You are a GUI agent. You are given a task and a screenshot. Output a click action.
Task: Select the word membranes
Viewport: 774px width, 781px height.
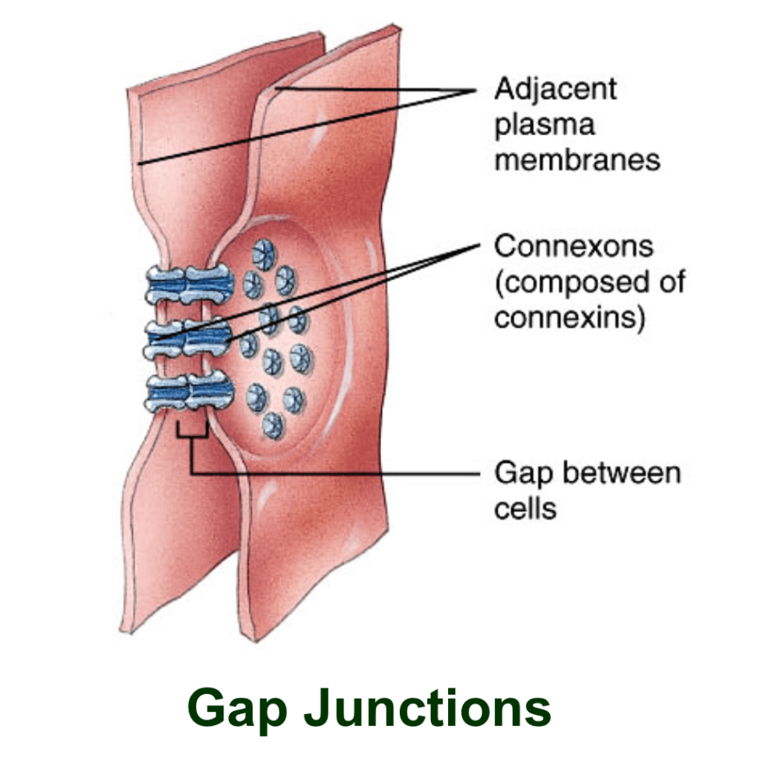[x=576, y=160]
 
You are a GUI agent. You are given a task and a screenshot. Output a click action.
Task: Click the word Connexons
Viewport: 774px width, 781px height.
[x=573, y=246]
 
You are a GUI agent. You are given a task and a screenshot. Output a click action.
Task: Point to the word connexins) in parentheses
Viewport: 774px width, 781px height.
[x=569, y=317]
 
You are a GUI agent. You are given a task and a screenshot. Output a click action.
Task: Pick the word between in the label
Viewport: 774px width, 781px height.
[x=622, y=472]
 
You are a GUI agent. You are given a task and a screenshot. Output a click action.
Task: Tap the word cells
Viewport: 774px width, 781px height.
[x=525, y=508]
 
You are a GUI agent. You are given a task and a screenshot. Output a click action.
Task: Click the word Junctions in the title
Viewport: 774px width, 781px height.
[x=427, y=709]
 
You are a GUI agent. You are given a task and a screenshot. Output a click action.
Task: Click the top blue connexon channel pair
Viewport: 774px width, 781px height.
[x=190, y=285]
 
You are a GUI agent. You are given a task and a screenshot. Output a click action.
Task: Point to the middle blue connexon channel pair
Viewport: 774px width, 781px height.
[x=188, y=338]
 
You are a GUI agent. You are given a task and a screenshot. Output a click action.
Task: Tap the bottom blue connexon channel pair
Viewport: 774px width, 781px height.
[x=190, y=391]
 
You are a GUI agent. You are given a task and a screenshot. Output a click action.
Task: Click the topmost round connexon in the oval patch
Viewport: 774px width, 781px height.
[x=264, y=254]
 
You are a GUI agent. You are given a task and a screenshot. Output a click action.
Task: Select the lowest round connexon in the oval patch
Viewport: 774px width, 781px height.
[x=273, y=426]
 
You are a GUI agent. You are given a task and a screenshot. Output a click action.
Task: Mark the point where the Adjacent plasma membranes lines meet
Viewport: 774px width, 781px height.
[x=475, y=91]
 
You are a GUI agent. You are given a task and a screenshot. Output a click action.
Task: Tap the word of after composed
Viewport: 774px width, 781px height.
[x=672, y=281]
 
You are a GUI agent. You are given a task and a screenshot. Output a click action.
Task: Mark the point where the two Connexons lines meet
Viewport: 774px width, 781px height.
[x=479, y=244]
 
